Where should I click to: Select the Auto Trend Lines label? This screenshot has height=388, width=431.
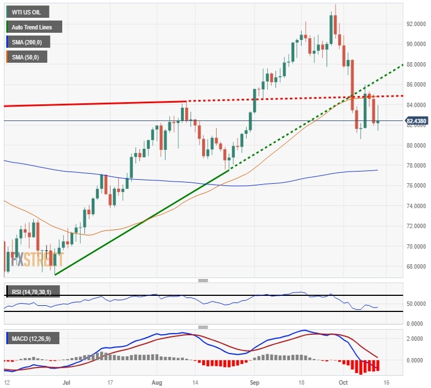33,27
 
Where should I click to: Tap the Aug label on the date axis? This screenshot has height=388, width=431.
156,382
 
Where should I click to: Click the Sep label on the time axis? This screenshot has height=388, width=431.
254,382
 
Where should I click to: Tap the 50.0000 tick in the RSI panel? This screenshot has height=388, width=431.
417,304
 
